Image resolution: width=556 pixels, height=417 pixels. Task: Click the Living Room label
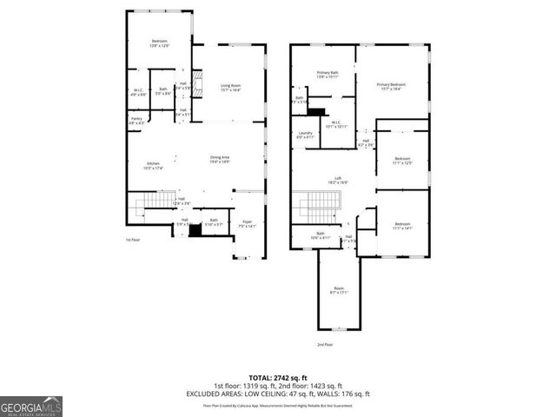230,86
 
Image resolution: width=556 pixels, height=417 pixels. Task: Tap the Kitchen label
153,165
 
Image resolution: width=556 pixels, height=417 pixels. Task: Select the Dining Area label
220,159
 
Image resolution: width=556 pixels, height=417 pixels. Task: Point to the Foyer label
248,223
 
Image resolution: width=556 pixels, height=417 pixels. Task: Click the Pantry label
136,121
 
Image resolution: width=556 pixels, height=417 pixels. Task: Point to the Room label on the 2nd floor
338,290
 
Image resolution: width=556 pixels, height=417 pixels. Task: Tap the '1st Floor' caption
132,239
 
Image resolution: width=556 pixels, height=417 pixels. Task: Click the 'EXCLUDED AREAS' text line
277,394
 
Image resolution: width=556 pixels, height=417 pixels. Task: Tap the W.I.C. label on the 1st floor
137,89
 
